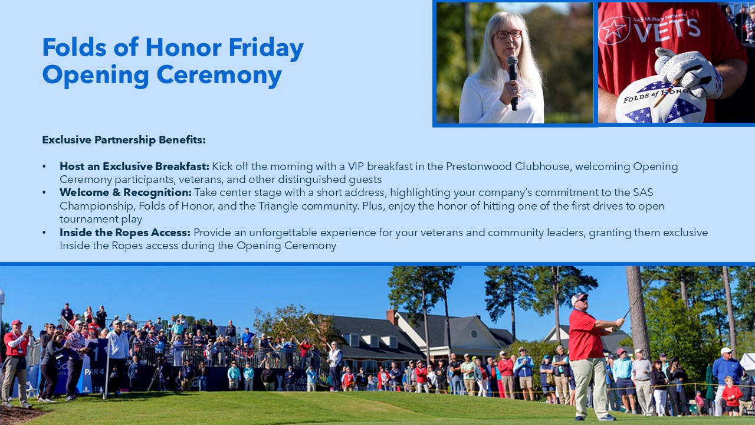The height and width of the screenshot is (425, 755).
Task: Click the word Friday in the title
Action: [x=266, y=48]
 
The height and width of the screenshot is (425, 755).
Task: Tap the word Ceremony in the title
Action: [x=219, y=75]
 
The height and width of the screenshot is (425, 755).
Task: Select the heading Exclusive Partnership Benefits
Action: [x=124, y=140]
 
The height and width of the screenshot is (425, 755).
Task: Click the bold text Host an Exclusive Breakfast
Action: [x=134, y=166]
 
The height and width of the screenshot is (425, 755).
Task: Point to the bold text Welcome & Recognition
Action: [x=126, y=192]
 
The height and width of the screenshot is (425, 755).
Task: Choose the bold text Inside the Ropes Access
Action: [x=125, y=233]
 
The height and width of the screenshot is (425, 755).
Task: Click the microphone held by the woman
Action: [x=513, y=83]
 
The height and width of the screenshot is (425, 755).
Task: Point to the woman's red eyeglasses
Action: [x=508, y=34]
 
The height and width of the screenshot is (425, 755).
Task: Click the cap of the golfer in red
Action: [x=579, y=298]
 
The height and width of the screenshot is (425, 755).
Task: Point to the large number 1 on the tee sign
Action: [x=96, y=354]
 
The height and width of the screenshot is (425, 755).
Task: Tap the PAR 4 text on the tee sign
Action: [x=94, y=372]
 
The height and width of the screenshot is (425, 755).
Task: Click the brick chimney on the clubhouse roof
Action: [x=392, y=318]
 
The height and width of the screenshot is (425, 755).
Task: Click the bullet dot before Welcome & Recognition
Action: [x=44, y=192]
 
